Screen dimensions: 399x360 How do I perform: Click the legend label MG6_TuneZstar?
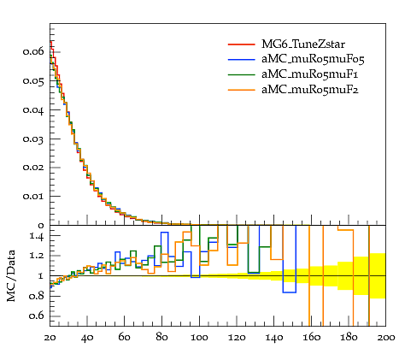[x=303, y=44]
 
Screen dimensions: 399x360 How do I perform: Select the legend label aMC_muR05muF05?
[x=313, y=59]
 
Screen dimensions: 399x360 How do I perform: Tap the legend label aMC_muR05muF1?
[x=310, y=74]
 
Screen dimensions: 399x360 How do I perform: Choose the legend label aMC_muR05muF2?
[x=310, y=90]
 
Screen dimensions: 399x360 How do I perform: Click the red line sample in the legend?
[x=241, y=44]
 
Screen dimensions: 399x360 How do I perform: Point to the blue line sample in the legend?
[x=241, y=59]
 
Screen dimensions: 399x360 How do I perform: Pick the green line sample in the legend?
[x=241, y=74]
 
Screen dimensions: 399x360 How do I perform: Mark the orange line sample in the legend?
[x=241, y=90]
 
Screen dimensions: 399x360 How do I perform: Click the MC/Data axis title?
[x=11, y=275]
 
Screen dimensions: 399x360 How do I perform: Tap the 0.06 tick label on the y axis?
[x=33, y=51]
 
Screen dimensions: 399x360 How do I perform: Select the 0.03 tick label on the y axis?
[x=33, y=139]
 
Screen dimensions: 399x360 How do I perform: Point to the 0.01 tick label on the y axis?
[x=33, y=197]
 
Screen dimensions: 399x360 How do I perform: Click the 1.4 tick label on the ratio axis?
[x=37, y=236]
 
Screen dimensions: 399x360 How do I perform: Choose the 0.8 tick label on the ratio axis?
[x=37, y=296]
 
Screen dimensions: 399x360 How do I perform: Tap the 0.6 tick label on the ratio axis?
[x=37, y=316]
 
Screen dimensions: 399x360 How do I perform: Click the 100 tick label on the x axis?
[x=199, y=338]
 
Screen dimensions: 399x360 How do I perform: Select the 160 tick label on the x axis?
[x=311, y=338]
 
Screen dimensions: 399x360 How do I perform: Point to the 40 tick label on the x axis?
[x=87, y=338]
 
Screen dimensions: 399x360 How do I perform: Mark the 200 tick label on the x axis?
[x=386, y=338]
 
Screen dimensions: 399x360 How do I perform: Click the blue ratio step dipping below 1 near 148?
[x=290, y=292]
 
